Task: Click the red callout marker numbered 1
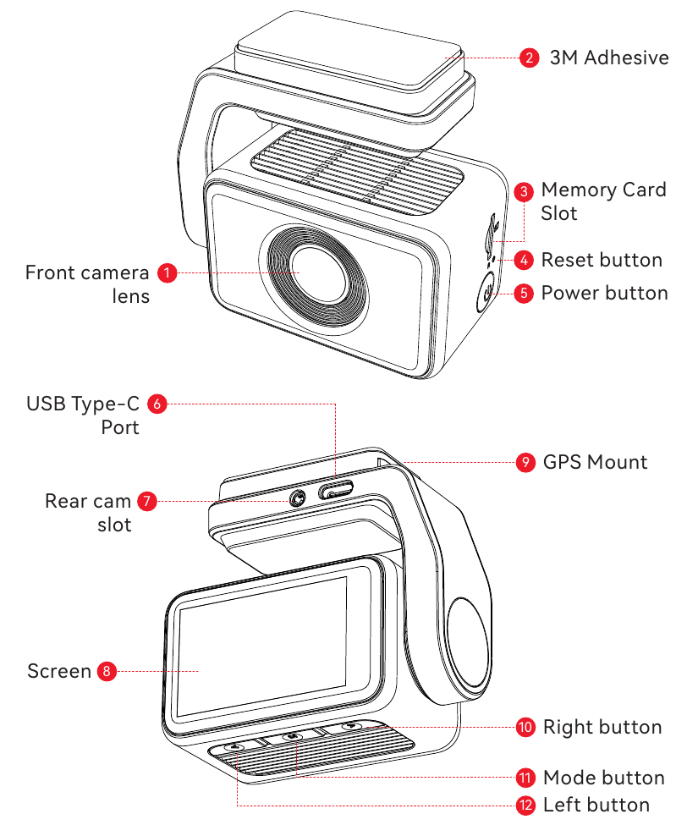point(168,272)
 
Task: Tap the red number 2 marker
point(529,58)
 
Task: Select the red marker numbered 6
point(157,404)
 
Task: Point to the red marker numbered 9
point(525,462)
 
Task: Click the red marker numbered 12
point(525,805)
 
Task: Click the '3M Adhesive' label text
point(609,58)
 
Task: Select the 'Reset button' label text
point(602,260)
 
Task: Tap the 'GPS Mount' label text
point(595,462)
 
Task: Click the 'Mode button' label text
point(603,778)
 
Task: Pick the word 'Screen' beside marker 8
point(59,672)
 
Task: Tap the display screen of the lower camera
point(262,647)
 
